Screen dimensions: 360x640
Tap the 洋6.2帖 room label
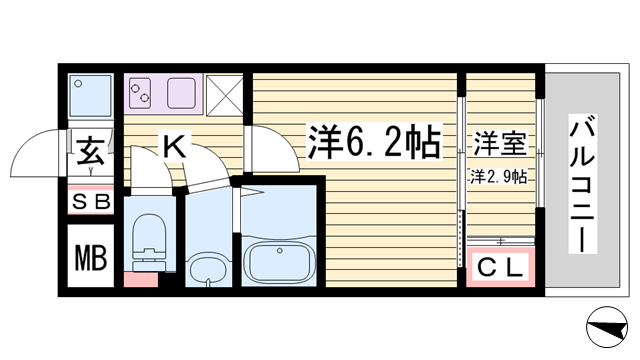375,144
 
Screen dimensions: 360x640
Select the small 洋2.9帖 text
500,177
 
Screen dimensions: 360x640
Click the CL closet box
501,267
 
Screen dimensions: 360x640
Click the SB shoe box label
91,202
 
